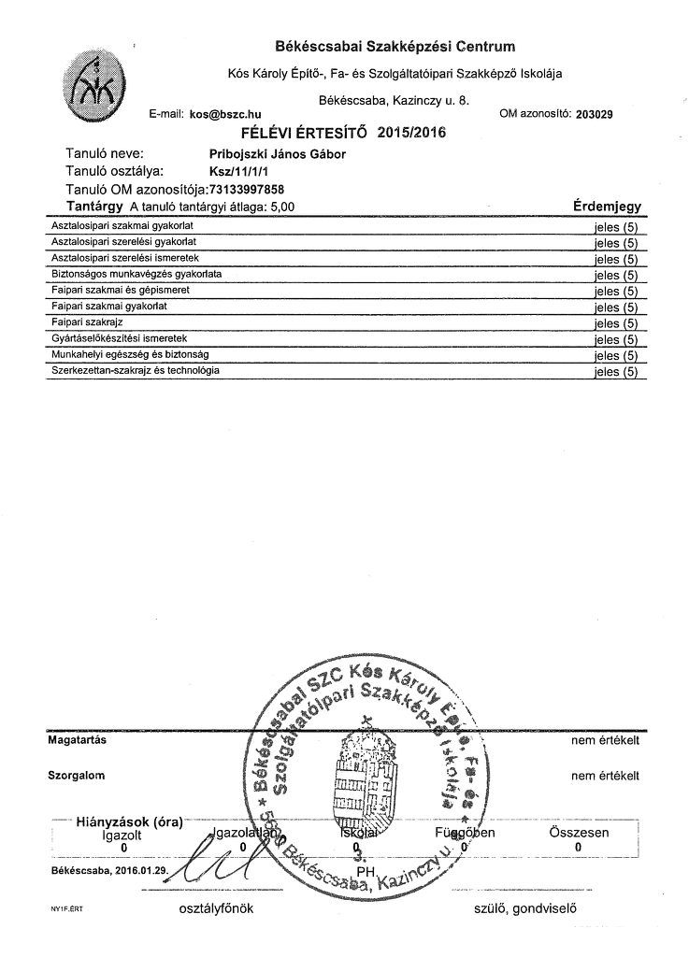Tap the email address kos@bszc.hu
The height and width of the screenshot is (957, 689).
pos(225,114)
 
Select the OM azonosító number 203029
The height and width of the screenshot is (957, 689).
pos(596,114)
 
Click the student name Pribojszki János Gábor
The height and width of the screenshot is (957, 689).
pos(278,153)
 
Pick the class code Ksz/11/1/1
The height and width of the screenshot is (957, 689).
pos(233,171)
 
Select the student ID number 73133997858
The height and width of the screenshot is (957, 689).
pos(247,189)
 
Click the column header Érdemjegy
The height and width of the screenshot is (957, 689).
pos(606,207)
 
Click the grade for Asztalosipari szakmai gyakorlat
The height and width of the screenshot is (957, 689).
pos(615,227)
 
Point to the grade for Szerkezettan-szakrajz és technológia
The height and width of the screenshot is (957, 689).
pos(615,372)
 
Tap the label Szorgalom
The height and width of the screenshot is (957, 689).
pos(76,776)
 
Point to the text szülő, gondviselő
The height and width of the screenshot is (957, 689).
pos(529,907)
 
